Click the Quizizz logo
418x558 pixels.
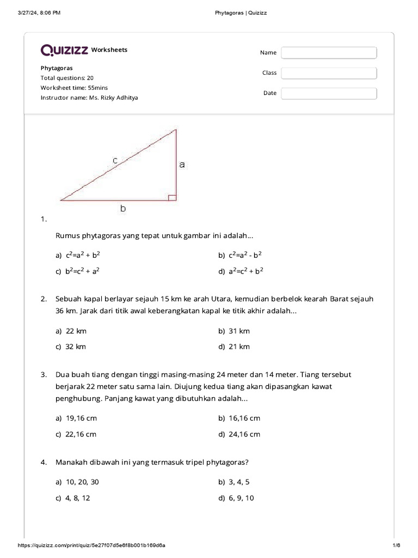point(64,50)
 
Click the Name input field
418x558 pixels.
point(329,53)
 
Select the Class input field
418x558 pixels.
point(329,73)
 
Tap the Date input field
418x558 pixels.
point(329,93)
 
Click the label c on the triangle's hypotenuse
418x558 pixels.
point(115,160)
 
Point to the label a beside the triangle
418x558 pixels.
point(182,163)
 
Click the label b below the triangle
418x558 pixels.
point(124,208)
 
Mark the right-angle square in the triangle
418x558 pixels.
point(172,197)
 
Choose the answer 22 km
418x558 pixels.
point(76,331)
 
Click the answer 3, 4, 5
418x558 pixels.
point(239,482)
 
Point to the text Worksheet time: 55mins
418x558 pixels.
point(74,88)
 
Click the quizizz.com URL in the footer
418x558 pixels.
point(92,545)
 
